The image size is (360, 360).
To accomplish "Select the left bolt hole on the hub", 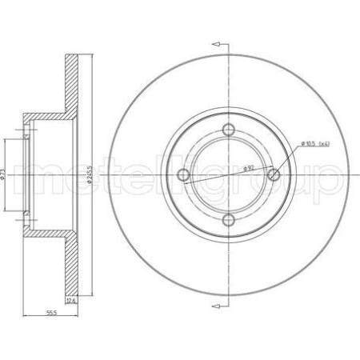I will (184, 174).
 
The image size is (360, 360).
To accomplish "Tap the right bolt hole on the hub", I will (274, 174).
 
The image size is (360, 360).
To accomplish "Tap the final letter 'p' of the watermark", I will (334, 180).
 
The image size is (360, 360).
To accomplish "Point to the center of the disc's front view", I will (229, 174).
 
